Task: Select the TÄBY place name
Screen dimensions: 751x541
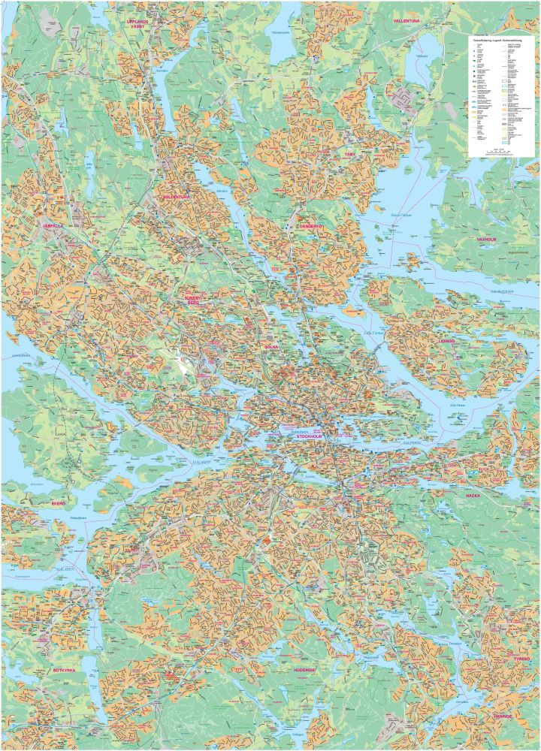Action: tap(349, 155)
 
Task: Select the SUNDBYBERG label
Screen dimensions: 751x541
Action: tap(195, 300)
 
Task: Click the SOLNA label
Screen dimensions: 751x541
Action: tap(271, 347)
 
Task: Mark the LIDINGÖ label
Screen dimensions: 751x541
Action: tap(446, 341)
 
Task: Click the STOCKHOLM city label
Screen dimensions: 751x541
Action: tap(313, 436)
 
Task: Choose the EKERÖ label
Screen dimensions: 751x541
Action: tap(58, 502)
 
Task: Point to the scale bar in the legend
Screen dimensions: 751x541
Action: tap(500, 152)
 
